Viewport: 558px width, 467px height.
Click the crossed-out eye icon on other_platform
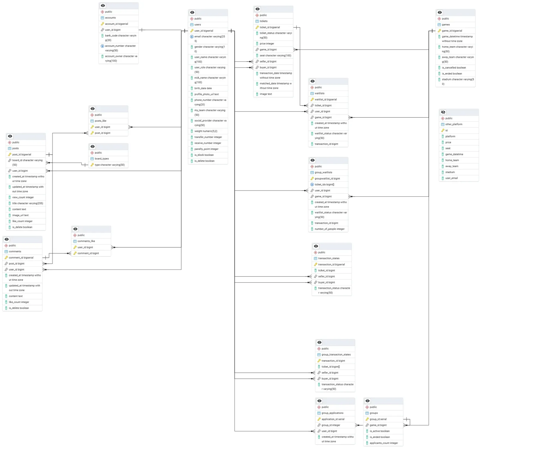tap(443, 112)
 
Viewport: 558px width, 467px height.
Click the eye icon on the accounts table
tap(103, 5)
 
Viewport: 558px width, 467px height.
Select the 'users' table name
tap(198, 25)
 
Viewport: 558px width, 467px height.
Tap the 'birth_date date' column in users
tap(203, 88)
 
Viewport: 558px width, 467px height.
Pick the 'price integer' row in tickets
tap(267, 44)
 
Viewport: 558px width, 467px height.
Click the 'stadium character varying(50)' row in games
tap(457, 81)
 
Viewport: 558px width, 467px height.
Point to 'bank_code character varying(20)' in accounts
tap(120, 38)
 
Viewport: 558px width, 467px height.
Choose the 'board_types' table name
tap(102, 159)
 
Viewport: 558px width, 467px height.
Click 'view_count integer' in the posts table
tap(23, 197)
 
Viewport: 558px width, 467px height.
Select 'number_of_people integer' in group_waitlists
tap(329, 229)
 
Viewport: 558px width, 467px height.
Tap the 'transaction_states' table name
tap(329, 258)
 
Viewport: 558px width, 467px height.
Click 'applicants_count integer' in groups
tap(384, 443)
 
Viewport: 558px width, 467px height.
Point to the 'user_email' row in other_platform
tap(451, 178)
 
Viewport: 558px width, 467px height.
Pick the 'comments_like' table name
tap(86, 241)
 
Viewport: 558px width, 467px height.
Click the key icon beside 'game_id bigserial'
tap(439, 31)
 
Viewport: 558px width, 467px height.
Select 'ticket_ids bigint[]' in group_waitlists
tap(324, 184)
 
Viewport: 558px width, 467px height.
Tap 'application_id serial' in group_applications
tap(333, 419)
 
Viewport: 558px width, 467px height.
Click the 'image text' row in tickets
tap(266, 94)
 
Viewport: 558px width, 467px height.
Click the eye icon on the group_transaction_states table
tap(319, 342)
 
